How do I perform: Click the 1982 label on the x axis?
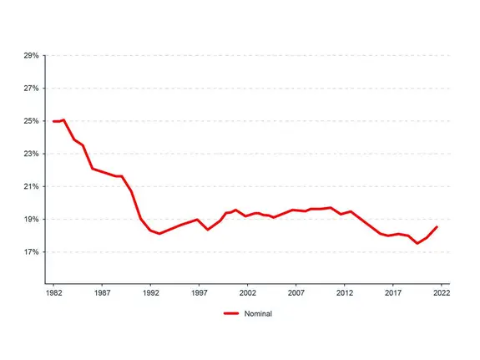(54, 294)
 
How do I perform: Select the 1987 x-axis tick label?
(103, 294)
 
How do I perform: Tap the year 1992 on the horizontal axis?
(151, 294)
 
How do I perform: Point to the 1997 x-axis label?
(200, 294)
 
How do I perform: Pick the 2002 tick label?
(248, 294)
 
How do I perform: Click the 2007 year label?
(296, 294)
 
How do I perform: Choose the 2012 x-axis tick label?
(345, 294)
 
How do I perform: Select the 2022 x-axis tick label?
(442, 294)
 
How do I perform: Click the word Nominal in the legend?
(260, 314)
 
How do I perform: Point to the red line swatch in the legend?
(233, 314)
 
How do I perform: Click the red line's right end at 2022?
(437, 227)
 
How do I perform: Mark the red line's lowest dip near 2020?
(417, 243)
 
